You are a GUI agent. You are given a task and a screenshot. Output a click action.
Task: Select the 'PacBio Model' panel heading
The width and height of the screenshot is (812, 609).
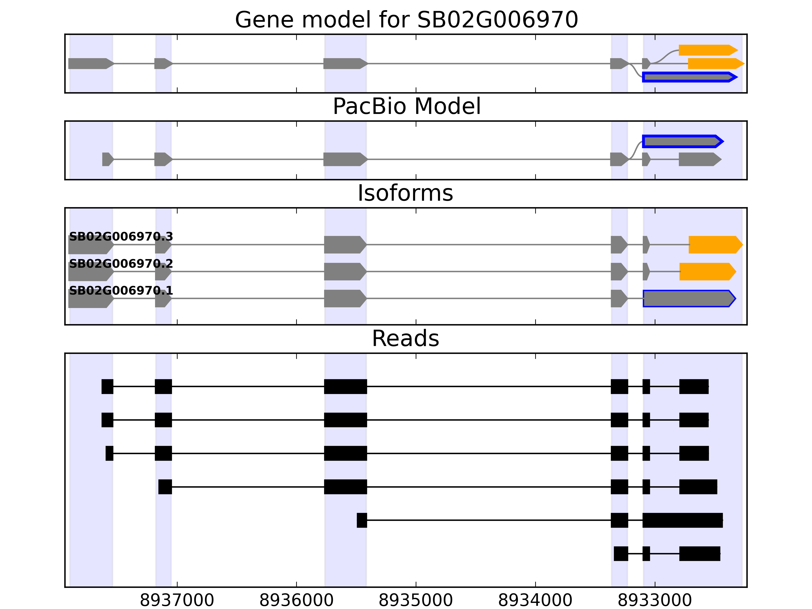click(406, 107)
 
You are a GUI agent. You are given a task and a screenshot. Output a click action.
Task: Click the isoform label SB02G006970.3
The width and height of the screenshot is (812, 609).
click(121, 237)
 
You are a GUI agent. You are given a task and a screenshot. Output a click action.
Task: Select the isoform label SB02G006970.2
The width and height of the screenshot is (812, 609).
click(121, 264)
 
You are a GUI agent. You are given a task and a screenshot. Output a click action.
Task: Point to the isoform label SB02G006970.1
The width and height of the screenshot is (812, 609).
click(121, 291)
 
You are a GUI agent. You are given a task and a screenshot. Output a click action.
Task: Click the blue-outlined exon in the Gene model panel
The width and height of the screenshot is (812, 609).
click(688, 77)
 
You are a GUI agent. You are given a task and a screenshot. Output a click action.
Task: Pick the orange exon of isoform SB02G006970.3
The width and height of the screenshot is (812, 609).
click(714, 245)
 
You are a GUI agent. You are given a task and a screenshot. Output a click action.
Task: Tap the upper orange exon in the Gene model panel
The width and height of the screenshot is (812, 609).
click(707, 50)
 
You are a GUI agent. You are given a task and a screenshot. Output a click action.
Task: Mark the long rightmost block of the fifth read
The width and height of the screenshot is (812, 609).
click(682, 520)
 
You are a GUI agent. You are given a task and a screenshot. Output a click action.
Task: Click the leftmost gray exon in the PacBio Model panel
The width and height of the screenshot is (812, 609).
click(107, 159)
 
